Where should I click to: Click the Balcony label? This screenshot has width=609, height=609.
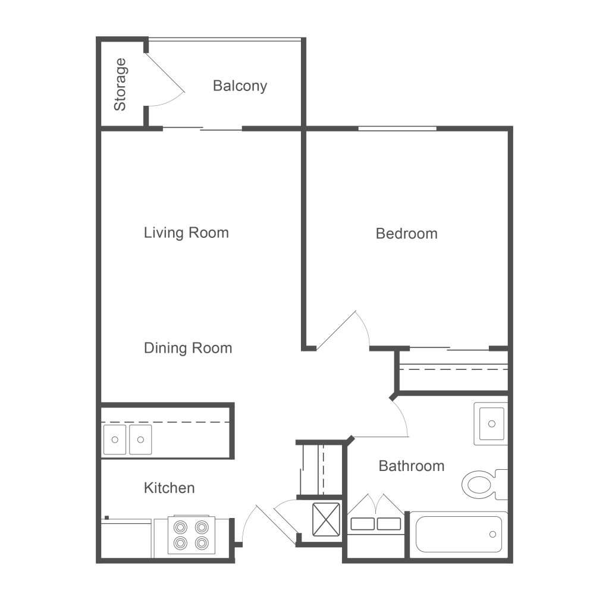tap(240, 86)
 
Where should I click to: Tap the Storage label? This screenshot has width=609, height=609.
tap(120, 84)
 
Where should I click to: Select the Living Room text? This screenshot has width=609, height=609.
tap(186, 233)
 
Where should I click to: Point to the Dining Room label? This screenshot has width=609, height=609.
tap(188, 348)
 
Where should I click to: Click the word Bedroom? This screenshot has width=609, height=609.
tap(407, 233)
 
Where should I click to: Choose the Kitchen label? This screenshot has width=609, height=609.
tap(169, 488)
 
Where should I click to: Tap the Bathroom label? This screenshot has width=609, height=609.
tap(412, 466)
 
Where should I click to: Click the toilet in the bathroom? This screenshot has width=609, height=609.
tap(484, 484)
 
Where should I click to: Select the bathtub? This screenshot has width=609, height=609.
tap(459, 534)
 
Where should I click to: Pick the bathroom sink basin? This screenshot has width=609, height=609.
tap(491, 423)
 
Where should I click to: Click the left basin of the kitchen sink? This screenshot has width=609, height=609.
tap(115, 440)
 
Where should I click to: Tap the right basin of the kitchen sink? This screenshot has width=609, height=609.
tap(140, 440)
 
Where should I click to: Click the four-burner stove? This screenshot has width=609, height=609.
tap(191, 535)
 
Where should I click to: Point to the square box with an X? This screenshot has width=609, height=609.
tap(327, 520)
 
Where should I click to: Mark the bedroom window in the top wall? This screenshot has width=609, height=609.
tap(397, 128)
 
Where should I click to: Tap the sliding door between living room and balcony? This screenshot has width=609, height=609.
tap(202, 128)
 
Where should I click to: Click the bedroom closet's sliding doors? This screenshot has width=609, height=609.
tap(450, 349)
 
